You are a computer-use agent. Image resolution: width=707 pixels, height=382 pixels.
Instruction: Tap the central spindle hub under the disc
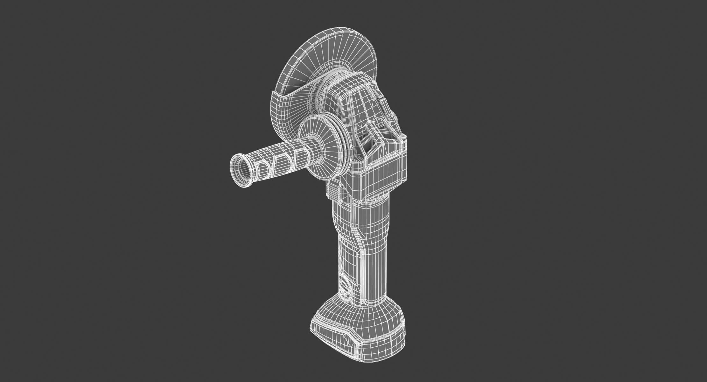tap(322, 95)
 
